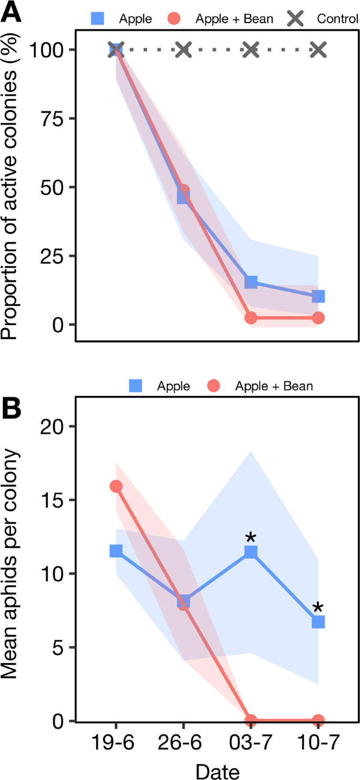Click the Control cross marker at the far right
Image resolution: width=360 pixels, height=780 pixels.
point(318,50)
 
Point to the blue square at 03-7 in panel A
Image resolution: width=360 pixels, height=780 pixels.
point(251,282)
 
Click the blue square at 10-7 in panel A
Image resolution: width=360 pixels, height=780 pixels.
point(318,296)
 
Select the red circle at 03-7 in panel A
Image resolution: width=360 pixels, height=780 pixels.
point(251,318)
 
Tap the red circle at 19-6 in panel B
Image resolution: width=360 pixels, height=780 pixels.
point(116,486)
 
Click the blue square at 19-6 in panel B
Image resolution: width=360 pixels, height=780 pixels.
point(116,550)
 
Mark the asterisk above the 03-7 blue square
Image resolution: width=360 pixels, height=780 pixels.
point(251,538)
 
